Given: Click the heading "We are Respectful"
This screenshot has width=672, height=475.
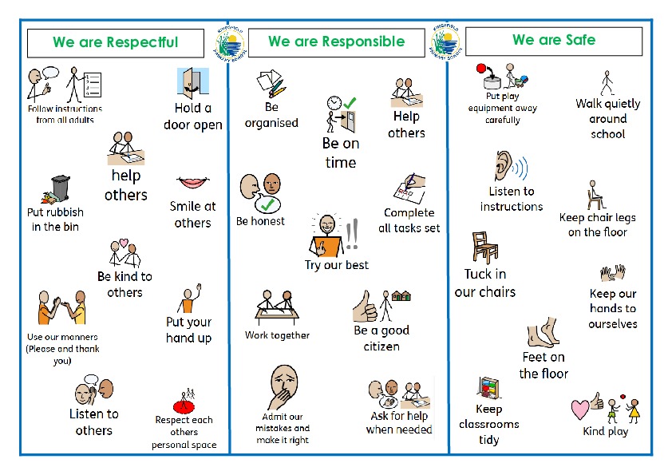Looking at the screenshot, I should point(115,42).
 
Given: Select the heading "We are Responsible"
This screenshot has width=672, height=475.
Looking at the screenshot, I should point(336,42).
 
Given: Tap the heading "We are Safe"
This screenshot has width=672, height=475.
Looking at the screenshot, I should point(553,40).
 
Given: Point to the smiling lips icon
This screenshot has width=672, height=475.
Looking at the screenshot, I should point(192,183).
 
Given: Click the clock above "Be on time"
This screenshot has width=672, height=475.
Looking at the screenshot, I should point(334,104).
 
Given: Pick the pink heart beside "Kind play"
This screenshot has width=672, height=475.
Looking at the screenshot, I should point(581,410).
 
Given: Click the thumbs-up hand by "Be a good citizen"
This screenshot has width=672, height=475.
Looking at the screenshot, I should point(366,304).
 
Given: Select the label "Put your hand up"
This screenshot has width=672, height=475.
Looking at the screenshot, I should point(189,330).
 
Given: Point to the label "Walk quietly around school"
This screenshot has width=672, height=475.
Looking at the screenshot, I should point(608,119).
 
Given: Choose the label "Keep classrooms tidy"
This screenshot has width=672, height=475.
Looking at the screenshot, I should point(488,424).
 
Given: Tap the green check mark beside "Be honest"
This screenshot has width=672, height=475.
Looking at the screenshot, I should point(273,207).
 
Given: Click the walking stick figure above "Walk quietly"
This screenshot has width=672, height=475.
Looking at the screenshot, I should point(607,82).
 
